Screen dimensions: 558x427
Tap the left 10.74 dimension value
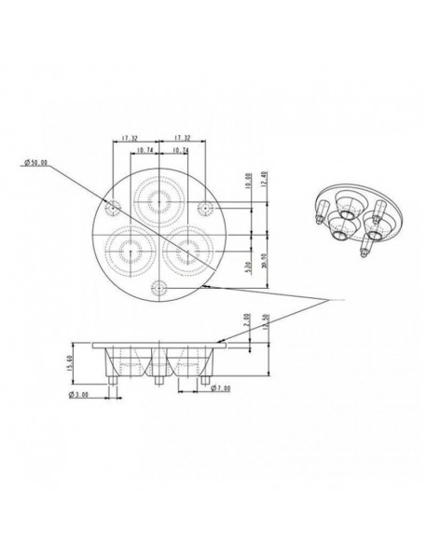[145, 149]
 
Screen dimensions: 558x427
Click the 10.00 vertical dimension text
[247, 182]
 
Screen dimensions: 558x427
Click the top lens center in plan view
[156, 197]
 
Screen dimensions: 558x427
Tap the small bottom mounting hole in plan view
[157, 287]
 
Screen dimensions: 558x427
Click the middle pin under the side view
[154, 381]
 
